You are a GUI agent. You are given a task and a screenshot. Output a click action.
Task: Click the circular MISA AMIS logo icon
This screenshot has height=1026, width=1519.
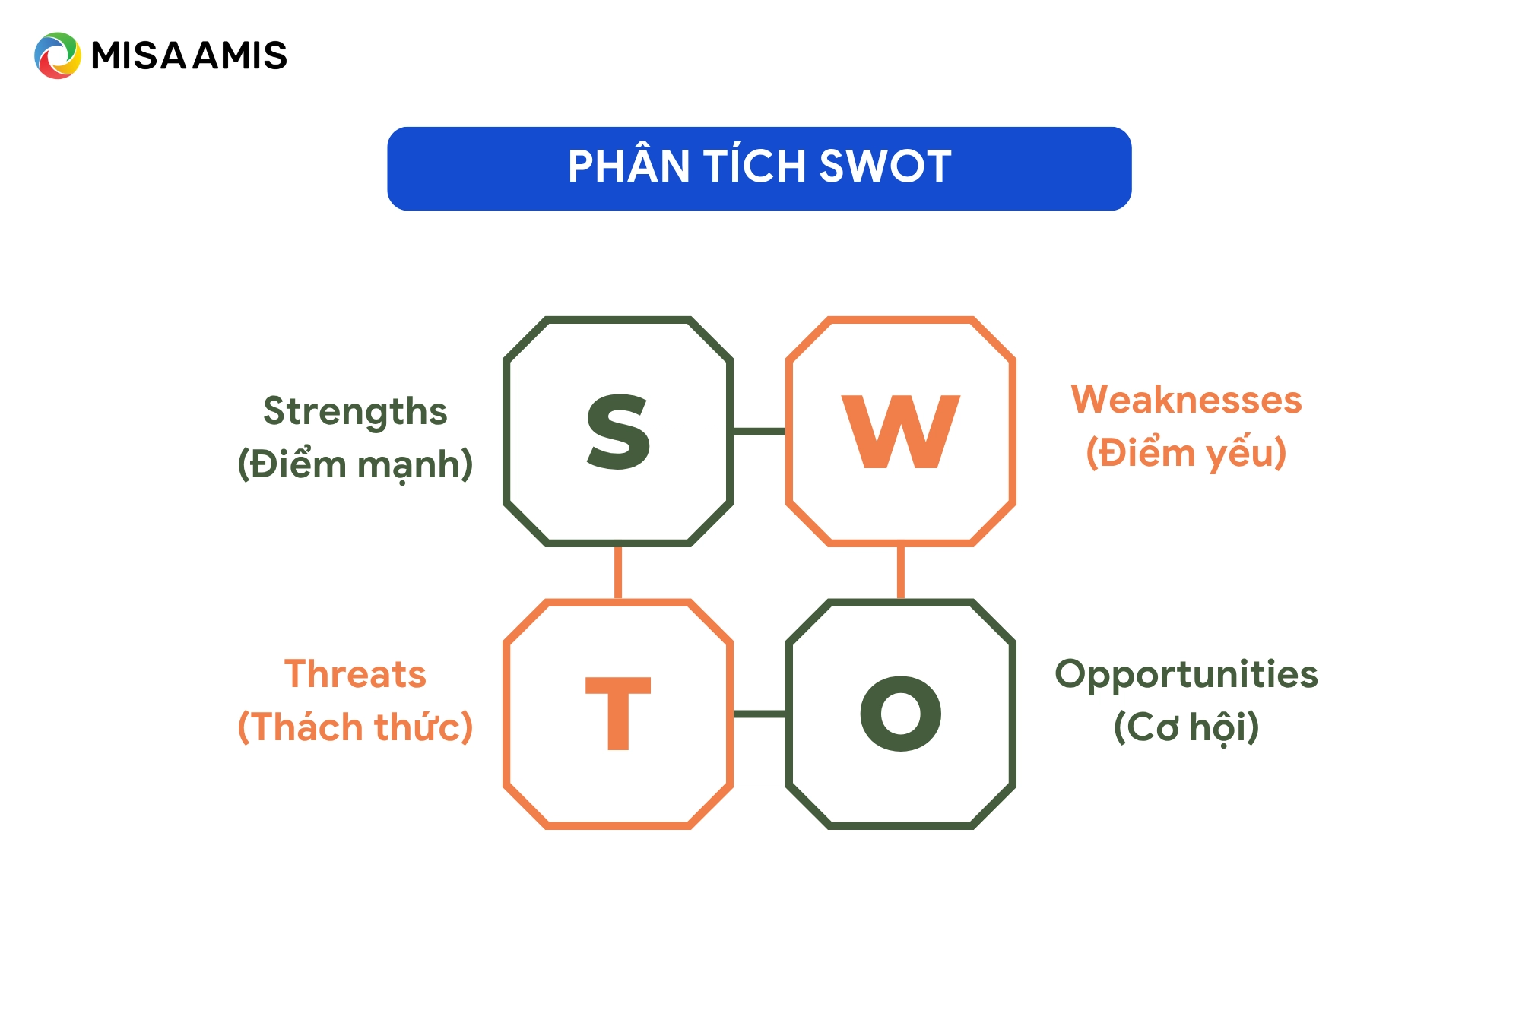click(x=57, y=55)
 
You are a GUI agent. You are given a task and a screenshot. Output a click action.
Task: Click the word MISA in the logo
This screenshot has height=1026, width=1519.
click(x=139, y=55)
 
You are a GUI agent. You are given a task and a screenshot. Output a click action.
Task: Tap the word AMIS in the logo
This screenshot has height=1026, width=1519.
click(x=239, y=55)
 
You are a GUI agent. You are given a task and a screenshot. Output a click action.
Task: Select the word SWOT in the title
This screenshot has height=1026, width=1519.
click(x=885, y=166)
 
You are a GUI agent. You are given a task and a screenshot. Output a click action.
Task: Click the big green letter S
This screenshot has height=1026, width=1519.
click(x=618, y=431)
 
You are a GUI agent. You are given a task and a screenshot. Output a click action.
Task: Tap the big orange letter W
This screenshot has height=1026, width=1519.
click(x=901, y=431)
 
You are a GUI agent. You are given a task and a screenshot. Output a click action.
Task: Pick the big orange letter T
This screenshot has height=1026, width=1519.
click(x=618, y=713)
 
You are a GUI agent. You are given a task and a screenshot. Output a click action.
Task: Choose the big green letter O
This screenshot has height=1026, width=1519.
click(x=901, y=713)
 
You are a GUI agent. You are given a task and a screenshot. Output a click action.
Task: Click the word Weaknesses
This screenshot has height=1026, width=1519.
click(x=1186, y=400)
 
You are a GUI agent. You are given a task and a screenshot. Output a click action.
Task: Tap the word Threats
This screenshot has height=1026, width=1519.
click(x=355, y=674)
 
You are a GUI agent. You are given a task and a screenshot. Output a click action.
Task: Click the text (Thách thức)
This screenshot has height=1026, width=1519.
click(x=355, y=726)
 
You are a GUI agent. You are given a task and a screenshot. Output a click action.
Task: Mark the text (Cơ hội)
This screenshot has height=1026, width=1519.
click(x=1186, y=727)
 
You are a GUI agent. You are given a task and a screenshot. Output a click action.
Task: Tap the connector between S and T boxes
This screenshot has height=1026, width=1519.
click(x=618, y=572)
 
